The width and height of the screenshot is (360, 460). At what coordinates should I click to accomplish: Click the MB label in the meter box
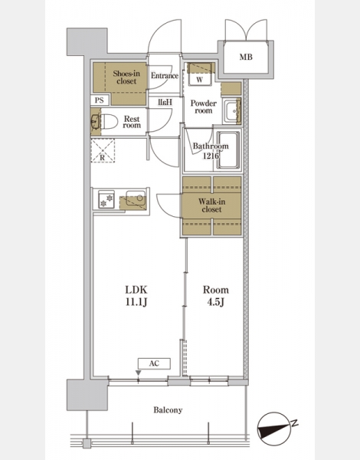click(246, 57)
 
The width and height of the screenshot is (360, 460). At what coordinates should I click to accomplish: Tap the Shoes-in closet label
click(126, 77)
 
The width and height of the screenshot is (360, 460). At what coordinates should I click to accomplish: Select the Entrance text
click(165, 76)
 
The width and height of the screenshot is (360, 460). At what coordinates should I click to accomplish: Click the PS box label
click(100, 100)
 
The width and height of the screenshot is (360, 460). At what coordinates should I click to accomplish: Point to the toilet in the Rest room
click(109, 121)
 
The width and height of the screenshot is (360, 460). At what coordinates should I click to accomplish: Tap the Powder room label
click(204, 107)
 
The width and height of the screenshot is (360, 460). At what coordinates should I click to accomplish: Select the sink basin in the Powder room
click(232, 111)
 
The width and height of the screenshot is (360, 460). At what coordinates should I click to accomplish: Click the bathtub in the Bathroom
click(227, 150)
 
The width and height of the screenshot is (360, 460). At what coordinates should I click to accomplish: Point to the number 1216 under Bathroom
click(211, 156)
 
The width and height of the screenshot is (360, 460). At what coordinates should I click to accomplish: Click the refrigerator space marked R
click(103, 150)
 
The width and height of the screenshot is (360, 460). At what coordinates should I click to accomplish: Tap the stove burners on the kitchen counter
click(106, 199)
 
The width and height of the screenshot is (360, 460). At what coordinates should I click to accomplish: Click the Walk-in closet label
click(211, 205)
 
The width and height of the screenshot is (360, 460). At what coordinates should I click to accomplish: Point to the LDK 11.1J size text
click(136, 296)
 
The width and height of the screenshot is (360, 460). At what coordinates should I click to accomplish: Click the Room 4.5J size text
click(216, 296)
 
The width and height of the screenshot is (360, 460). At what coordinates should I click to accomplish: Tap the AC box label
click(154, 363)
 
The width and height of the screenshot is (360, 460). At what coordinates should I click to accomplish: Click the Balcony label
click(168, 410)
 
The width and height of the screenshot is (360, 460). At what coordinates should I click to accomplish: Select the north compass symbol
click(275, 429)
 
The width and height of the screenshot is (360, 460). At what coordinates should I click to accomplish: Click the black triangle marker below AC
click(139, 373)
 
